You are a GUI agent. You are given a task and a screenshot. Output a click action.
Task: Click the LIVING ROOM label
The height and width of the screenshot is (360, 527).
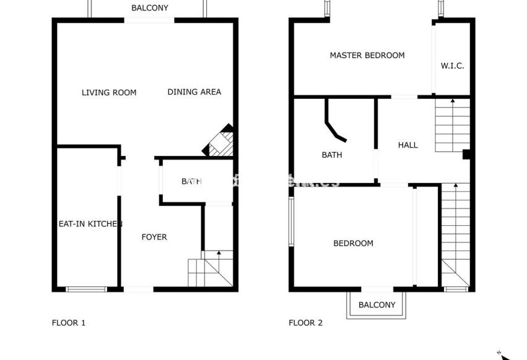[109, 93]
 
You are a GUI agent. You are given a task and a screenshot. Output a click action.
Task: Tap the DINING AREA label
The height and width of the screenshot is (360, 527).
[194, 92]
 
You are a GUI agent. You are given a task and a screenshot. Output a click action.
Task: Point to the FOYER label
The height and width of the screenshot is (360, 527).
[154, 237]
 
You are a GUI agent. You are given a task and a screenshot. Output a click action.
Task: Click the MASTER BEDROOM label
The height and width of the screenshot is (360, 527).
[367, 56]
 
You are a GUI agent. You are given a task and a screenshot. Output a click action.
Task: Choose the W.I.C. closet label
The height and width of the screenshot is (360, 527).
[452, 66]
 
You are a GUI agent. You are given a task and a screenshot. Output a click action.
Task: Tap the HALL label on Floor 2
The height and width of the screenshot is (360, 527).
[407, 145]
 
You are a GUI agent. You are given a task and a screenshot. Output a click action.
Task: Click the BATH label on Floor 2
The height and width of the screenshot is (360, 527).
[332, 155]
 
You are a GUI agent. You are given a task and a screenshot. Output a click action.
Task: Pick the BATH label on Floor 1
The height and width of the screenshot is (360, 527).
[191, 181]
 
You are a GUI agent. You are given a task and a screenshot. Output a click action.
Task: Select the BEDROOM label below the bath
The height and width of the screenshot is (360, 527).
[353, 243]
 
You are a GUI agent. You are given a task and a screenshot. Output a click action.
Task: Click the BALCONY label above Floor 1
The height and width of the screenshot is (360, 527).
[150, 8]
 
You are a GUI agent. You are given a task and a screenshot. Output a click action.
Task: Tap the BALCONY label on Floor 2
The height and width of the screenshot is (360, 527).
[377, 305]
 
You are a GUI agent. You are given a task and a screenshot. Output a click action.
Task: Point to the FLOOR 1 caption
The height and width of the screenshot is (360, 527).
[68, 322]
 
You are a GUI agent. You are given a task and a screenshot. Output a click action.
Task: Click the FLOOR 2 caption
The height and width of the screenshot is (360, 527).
[305, 322]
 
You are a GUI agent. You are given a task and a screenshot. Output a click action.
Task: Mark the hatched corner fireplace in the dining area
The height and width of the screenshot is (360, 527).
[220, 143]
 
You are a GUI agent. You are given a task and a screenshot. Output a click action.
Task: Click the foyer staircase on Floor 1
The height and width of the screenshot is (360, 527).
[211, 268]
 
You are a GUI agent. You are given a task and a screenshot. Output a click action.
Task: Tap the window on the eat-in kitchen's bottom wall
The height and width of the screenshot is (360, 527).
[86, 289]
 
